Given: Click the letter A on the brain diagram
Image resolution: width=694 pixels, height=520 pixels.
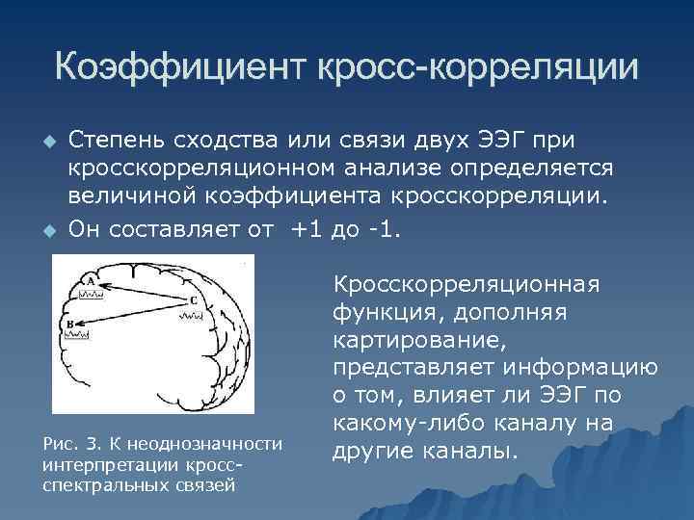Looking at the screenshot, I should pyautogui.click(x=91, y=281).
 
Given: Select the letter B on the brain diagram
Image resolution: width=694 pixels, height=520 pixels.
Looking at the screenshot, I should pyautogui.click(x=70, y=325).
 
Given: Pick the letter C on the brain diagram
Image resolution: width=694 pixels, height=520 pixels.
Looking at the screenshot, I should pyautogui.click(x=193, y=300).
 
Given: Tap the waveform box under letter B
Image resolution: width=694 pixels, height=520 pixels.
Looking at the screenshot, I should pyautogui.click(x=78, y=336).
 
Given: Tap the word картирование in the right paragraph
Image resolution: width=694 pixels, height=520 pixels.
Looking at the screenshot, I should pyautogui.click(x=395, y=341).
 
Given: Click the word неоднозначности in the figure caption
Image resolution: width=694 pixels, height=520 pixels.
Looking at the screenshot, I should pyautogui.click(x=223, y=443).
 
